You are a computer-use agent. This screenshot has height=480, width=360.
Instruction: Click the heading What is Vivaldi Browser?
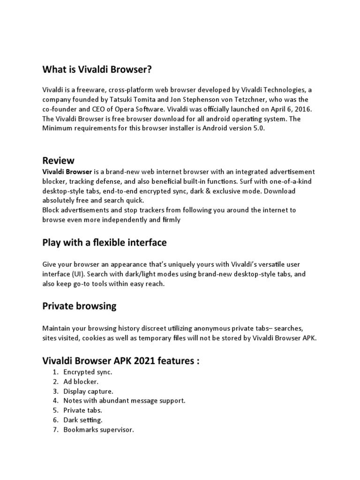point(97,70)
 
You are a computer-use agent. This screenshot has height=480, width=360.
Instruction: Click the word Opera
point(123,109)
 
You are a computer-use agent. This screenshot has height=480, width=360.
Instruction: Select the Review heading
point(59,161)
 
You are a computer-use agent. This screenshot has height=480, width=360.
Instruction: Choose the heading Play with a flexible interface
point(105,243)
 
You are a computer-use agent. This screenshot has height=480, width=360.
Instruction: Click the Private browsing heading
point(80,307)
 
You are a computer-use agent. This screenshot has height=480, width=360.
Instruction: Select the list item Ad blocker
point(81,382)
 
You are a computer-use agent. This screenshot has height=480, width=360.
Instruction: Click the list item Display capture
point(89,391)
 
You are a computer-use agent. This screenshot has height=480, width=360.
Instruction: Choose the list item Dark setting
point(83,420)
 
